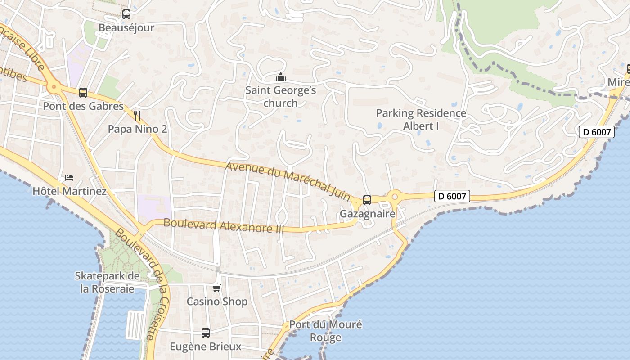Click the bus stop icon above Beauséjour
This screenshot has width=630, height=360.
[126, 14]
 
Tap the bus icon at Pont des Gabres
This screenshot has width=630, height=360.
[83, 93]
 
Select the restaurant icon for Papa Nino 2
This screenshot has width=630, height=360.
[137, 116]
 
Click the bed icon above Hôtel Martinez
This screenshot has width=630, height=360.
[69, 178]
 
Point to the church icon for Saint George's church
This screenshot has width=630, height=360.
[281, 77]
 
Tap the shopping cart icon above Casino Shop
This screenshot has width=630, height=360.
[217, 288]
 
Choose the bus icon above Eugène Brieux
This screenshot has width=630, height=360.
[206, 333]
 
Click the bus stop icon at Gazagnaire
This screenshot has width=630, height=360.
[367, 200]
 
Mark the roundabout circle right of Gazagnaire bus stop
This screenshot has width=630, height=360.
[395, 196]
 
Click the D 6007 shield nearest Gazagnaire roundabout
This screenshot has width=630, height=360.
[452, 196]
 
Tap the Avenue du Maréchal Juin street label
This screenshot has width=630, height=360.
[288, 181]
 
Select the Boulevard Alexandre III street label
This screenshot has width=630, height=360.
[224, 225]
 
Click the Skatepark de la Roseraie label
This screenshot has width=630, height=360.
[107, 282]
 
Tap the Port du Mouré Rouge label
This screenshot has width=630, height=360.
[325, 331]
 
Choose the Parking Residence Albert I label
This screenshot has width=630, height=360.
[421, 120]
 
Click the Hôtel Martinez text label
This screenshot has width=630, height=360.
[69, 191]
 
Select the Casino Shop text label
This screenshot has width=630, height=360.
[217, 301]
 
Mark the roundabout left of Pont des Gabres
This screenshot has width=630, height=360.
[54, 86]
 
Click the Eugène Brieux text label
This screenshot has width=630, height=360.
[206, 346]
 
